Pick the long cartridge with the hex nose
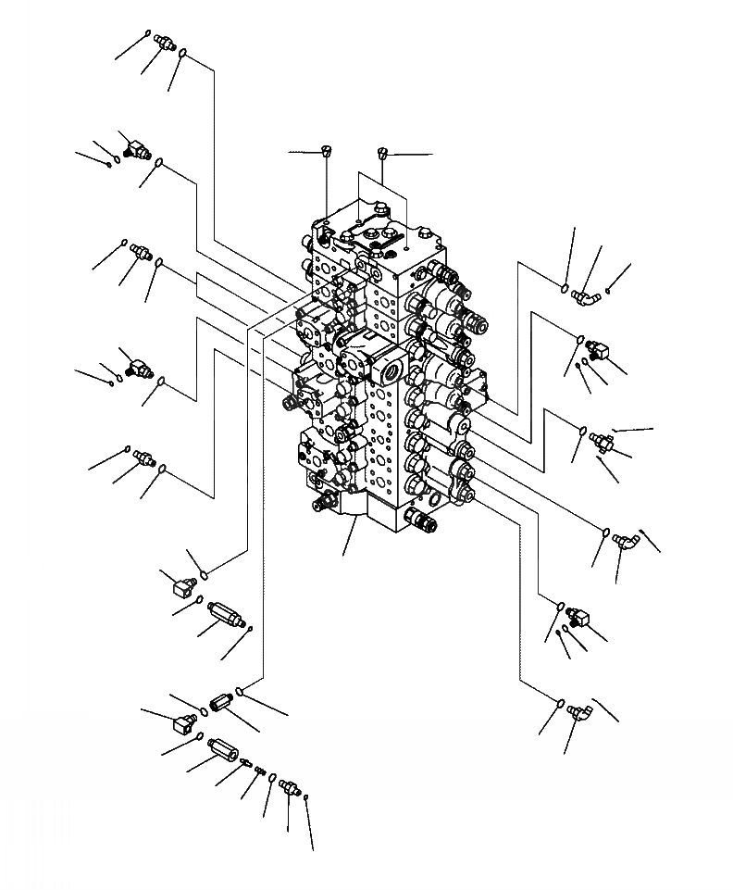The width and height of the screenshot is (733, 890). [x=225, y=616]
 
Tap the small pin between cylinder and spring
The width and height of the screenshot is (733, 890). [x=245, y=762]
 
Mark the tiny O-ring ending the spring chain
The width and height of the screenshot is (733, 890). [x=306, y=797]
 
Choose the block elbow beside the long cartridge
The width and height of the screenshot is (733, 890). [x=178, y=585]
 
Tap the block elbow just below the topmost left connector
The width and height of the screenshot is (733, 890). [x=136, y=148]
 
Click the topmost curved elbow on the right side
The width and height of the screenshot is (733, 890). [x=585, y=295]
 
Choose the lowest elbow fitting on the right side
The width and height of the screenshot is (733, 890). [x=583, y=712]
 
